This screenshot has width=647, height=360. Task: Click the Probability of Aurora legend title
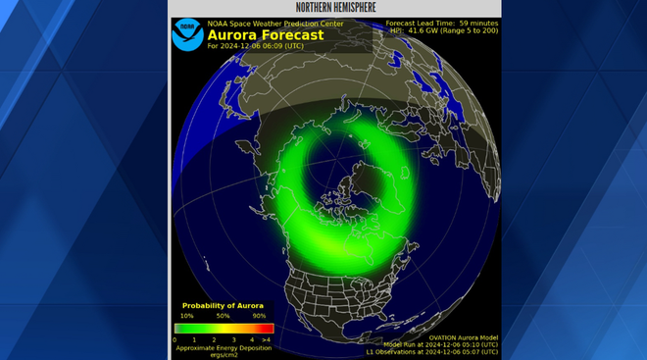pyautogui.click(x=224, y=305)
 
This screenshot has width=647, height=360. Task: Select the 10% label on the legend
pyautogui.click(x=187, y=317)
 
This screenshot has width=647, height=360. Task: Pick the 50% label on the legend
pyautogui.click(x=224, y=317)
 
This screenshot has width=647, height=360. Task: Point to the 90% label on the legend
pyautogui.click(x=260, y=317)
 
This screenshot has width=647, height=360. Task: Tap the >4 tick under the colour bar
pyautogui.click(x=267, y=338)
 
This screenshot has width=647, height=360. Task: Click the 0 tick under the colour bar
pyautogui.click(x=175, y=338)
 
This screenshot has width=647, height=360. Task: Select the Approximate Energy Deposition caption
pyautogui.click(x=223, y=347)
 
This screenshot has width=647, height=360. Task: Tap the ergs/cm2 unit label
pyautogui.click(x=223, y=354)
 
